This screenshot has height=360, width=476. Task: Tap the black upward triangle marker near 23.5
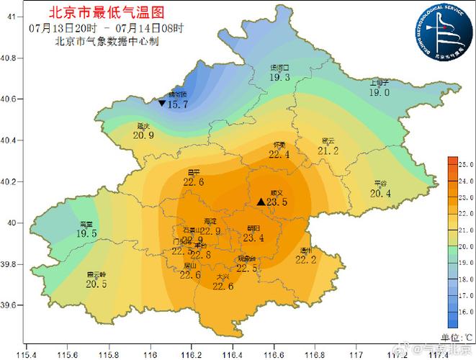pyautogui.click(x=261, y=202)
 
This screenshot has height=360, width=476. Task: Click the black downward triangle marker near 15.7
pyautogui.click(x=161, y=104)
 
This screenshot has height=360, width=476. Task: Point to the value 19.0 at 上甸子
pyautogui.click(x=379, y=93)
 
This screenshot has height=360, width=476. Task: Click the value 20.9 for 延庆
pyautogui.click(x=144, y=135)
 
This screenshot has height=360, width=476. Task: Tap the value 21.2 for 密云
pyautogui.click(x=328, y=150)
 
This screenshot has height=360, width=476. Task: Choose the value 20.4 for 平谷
pyautogui.click(x=380, y=193)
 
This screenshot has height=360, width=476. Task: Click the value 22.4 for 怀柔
pyautogui.click(x=279, y=154)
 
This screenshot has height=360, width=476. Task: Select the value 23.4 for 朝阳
pyautogui.click(x=253, y=238)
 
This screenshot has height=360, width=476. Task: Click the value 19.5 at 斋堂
pyautogui.click(x=86, y=234)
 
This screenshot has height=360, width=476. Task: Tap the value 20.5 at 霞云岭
pyautogui.click(x=96, y=284)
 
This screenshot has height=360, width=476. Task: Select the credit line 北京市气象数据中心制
pyautogui.click(x=107, y=41)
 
